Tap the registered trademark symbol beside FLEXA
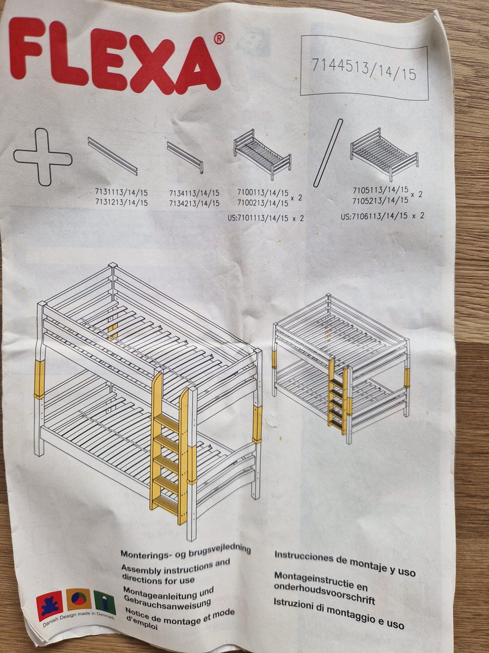coord(219,38)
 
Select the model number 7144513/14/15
coord(363,69)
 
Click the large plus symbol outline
coord(43,157)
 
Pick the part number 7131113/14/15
coord(121,193)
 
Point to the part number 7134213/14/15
coord(194,203)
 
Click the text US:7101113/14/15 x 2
coord(266,218)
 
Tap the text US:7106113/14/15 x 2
coord(383,216)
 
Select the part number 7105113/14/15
coord(381,190)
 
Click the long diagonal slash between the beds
coord(328,153)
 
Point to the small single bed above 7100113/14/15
coord(262,154)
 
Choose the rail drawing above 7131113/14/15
coord(113,156)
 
